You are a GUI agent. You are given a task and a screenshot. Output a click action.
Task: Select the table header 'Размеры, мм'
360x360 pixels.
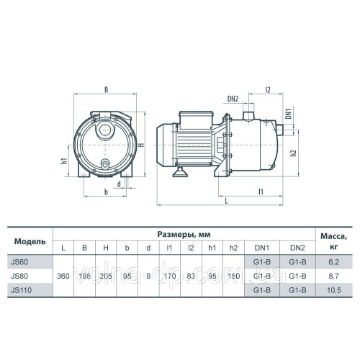(x=183, y=234)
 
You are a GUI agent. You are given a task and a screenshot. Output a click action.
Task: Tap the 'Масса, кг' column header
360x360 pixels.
(x=334, y=240)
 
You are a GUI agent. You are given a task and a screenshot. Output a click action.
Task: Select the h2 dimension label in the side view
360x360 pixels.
(x=292, y=153)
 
